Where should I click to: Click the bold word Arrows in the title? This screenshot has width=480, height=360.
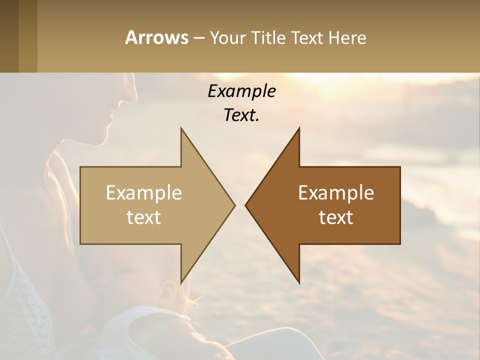(156, 37)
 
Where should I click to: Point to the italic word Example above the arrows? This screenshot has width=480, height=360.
(241, 91)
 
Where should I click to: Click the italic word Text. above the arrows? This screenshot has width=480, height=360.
(241, 115)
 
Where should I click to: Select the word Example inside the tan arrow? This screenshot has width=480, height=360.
(143, 193)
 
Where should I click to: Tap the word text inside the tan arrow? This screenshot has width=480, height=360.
(143, 217)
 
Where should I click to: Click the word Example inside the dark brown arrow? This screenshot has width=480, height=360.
(336, 193)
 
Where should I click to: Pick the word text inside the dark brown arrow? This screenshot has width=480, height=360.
(336, 217)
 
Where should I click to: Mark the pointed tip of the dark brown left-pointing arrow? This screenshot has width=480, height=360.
(246, 205)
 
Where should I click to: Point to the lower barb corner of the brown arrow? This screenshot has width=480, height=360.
(299, 282)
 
